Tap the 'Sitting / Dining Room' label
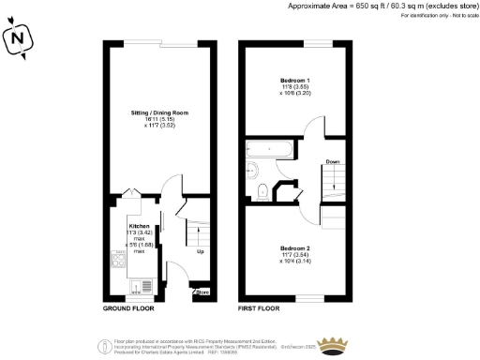tap(159, 113)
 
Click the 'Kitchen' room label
tap(139, 226)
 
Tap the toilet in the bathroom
tap(262, 192)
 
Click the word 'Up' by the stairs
tap(199, 251)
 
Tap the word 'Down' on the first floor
tap(332, 161)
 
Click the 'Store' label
tap(202, 293)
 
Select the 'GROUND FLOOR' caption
tap(129, 307)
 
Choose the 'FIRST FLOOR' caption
tap(259, 307)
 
